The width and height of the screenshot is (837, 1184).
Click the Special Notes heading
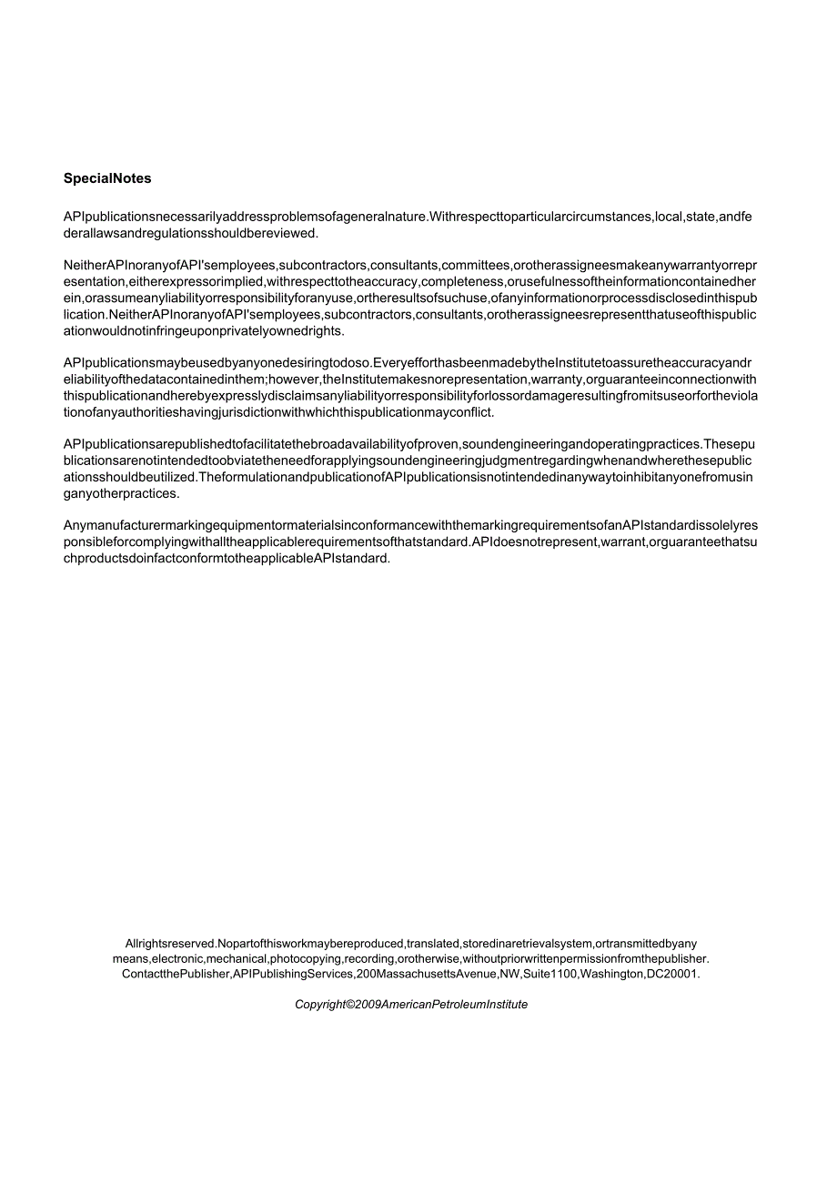pyautogui.click(x=107, y=178)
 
